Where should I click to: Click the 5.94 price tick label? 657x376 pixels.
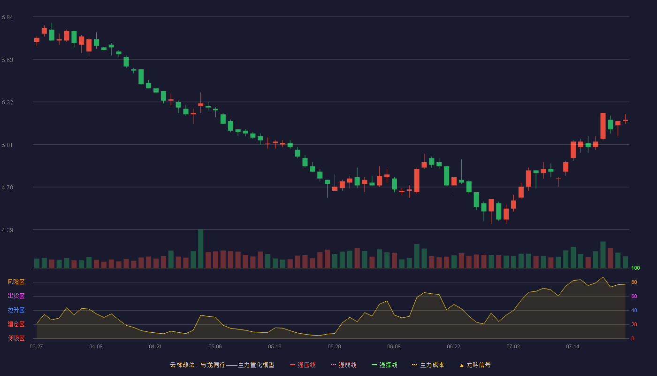[8, 17]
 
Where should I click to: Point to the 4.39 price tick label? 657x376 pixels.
[8, 230]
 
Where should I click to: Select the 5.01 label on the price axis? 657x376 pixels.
[8, 145]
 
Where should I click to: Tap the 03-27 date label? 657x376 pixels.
[37, 347]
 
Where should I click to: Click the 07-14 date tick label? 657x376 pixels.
[573, 347]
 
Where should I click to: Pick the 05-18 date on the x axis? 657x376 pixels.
[275, 347]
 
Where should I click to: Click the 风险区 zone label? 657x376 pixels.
[16, 282]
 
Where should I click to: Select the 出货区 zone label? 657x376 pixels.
[16, 296]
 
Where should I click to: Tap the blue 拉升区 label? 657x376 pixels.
[16, 310]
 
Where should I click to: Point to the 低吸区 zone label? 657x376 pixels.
[16, 338]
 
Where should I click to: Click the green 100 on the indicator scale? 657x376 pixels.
[635, 268]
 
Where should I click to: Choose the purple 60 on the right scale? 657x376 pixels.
[634, 296]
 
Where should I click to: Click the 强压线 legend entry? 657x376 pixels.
[303, 365]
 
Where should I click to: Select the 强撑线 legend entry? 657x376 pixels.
[384, 365]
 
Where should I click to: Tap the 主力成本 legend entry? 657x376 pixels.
[428, 365]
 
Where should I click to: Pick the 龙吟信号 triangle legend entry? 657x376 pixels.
[475, 365]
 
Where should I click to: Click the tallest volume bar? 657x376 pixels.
[201, 249]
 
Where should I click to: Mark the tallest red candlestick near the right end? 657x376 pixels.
[603, 126]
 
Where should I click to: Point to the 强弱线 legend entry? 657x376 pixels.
[344, 365]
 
